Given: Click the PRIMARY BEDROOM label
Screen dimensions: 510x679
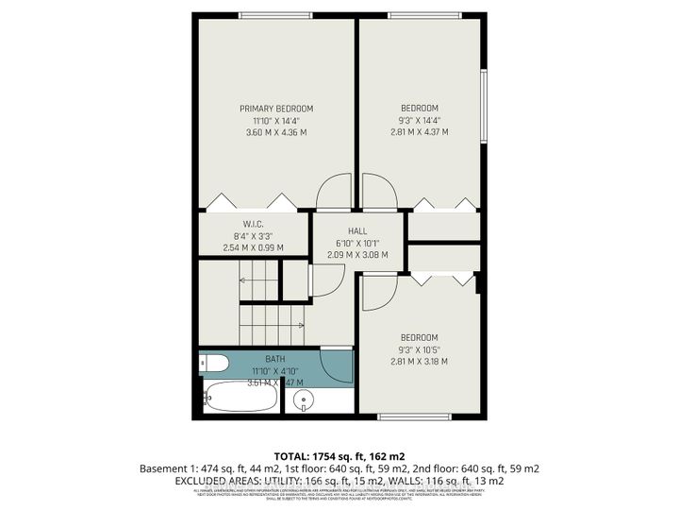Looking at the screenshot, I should pos(275,109).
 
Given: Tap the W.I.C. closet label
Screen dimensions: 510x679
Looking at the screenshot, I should pos(252,224).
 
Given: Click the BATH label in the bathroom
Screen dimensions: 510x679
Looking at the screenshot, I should pos(274,360).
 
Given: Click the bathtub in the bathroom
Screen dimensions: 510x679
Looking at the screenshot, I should pos(240,396).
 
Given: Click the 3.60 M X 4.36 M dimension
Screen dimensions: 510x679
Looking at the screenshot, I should pos(275,132).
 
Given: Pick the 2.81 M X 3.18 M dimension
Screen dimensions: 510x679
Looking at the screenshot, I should pos(419,361).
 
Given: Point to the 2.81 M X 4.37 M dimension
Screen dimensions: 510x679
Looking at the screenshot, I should pos(419,132).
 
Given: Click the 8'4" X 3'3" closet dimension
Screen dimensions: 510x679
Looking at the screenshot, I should pos(252,236).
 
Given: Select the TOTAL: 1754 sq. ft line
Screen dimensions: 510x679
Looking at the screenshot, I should pos(339,454).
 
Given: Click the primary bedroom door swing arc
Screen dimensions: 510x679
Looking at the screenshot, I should pos(333,193).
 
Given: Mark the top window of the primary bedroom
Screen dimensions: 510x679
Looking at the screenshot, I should pos(275,14).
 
